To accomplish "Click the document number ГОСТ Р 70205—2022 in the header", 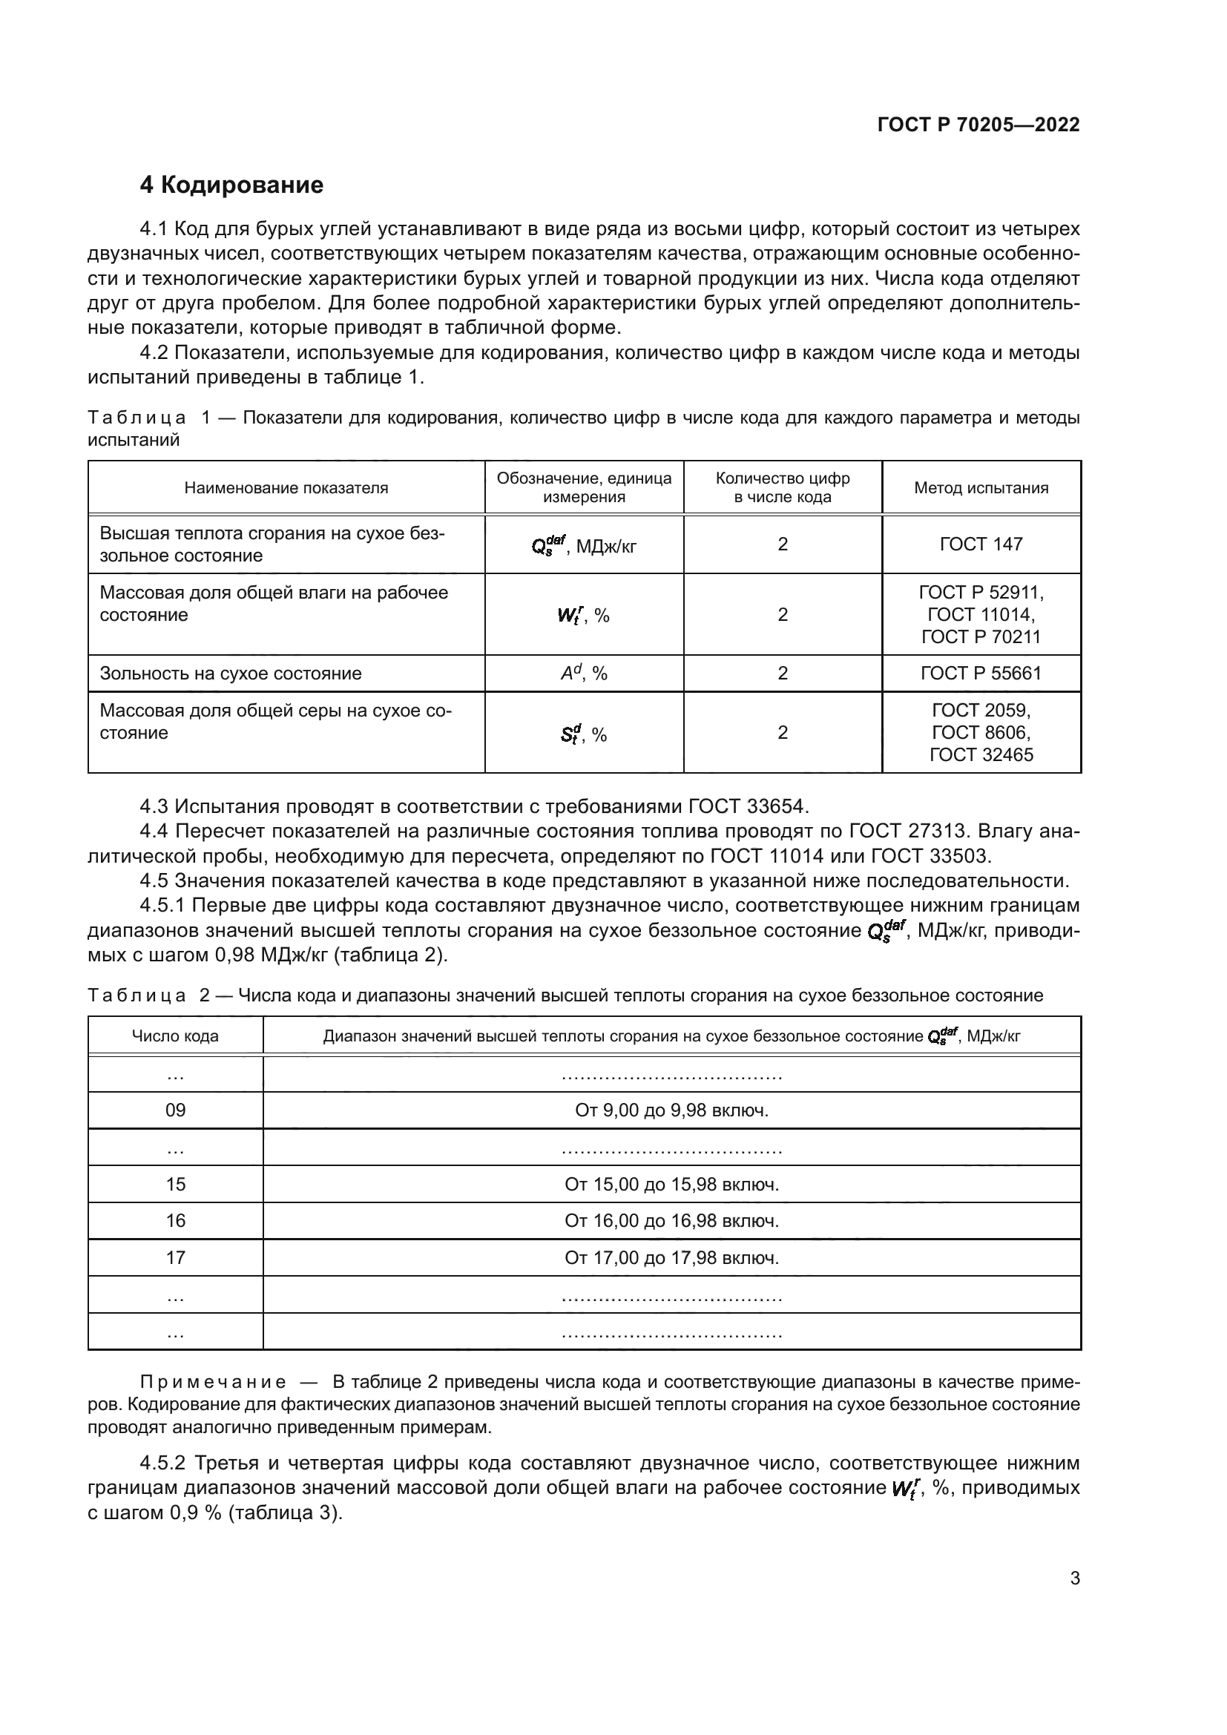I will (978, 125).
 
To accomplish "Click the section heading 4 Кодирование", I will (231, 185).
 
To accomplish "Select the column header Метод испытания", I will (981, 488).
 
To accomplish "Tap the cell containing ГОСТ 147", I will (981, 544).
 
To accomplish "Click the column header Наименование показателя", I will (286, 488).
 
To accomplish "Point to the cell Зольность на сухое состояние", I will (231, 674).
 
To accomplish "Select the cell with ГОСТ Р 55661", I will (981, 674).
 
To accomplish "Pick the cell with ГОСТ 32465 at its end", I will (981, 732).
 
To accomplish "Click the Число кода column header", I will (175, 1036).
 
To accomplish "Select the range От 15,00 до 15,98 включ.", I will (671, 1184).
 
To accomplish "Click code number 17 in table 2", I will (175, 1257).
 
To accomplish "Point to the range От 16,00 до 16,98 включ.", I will (671, 1220).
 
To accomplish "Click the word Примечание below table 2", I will (213, 1383).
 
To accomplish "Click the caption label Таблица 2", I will (148, 995).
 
